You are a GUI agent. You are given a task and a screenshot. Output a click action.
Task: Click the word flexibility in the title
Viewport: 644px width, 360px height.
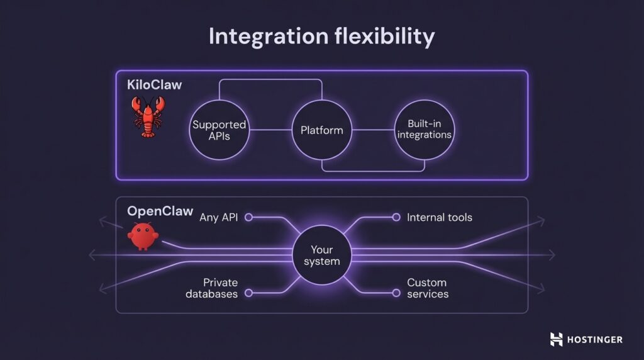tap(387, 37)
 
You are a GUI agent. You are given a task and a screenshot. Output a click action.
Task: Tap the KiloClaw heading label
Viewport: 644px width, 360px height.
tap(155, 84)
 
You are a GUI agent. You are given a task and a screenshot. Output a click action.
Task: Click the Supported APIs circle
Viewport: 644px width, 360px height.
tap(219, 130)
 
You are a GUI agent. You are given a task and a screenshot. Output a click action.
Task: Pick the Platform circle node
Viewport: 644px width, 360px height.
tap(321, 130)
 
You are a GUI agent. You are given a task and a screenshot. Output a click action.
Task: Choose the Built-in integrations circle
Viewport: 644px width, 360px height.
tap(424, 130)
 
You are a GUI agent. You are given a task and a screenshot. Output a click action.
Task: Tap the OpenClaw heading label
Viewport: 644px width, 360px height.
tap(160, 211)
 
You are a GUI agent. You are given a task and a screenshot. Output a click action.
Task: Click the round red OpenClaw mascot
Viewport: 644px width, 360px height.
tap(143, 236)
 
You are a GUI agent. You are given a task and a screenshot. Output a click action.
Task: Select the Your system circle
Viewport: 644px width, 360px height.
tap(321, 255)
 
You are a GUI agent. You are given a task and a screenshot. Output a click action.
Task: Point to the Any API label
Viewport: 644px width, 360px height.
tap(218, 217)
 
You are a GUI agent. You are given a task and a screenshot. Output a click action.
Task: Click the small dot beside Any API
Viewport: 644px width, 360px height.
tap(248, 217)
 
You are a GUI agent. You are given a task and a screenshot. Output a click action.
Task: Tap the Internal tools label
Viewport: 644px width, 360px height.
tap(440, 217)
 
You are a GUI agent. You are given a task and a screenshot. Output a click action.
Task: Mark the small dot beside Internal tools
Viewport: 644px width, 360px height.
tap(396, 217)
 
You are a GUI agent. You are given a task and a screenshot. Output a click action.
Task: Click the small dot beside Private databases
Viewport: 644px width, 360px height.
tap(248, 293)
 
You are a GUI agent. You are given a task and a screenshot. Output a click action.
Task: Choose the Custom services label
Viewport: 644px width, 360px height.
tap(428, 288)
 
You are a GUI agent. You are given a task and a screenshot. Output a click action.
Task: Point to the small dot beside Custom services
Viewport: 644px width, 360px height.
tap(396, 293)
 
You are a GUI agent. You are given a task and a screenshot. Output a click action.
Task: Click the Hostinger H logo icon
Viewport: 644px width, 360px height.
tap(557, 339)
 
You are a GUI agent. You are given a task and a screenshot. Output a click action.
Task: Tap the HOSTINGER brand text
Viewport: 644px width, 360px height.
tap(595, 339)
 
